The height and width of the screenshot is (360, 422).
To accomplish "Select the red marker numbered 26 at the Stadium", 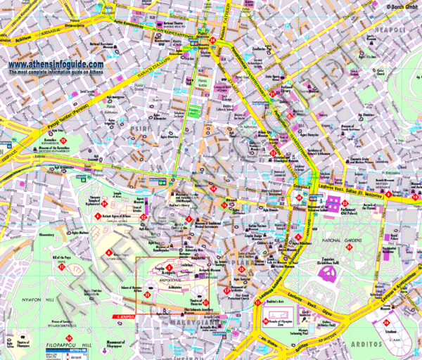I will [388, 321].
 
